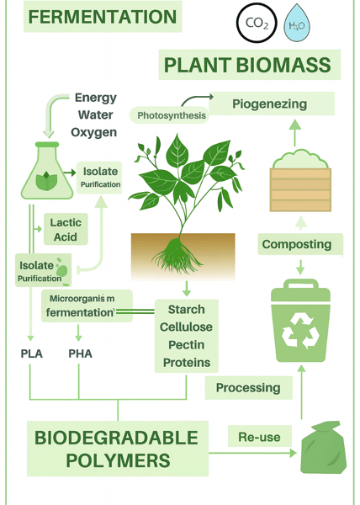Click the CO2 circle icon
pyautogui.click(x=257, y=23)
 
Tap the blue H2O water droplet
pyautogui.click(x=297, y=24)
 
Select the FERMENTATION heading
pyautogui.click(x=103, y=17)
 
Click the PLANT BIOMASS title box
pyautogui.click(x=249, y=65)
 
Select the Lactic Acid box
pyautogui.click(x=66, y=229)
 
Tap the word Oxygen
pyautogui.click(x=93, y=132)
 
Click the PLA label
pyautogui.click(x=31, y=353)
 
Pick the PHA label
pyautogui.click(x=80, y=353)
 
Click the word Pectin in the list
pyautogui.click(x=187, y=344)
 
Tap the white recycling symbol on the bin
pyautogui.click(x=300, y=331)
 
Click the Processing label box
pyautogui.click(x=249, y=388)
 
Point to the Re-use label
pyautogui.click(x=260, y=436)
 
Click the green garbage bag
pyautogui.click(x=323, y=448)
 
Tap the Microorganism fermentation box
pyautogui.click(x=87, y=306)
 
